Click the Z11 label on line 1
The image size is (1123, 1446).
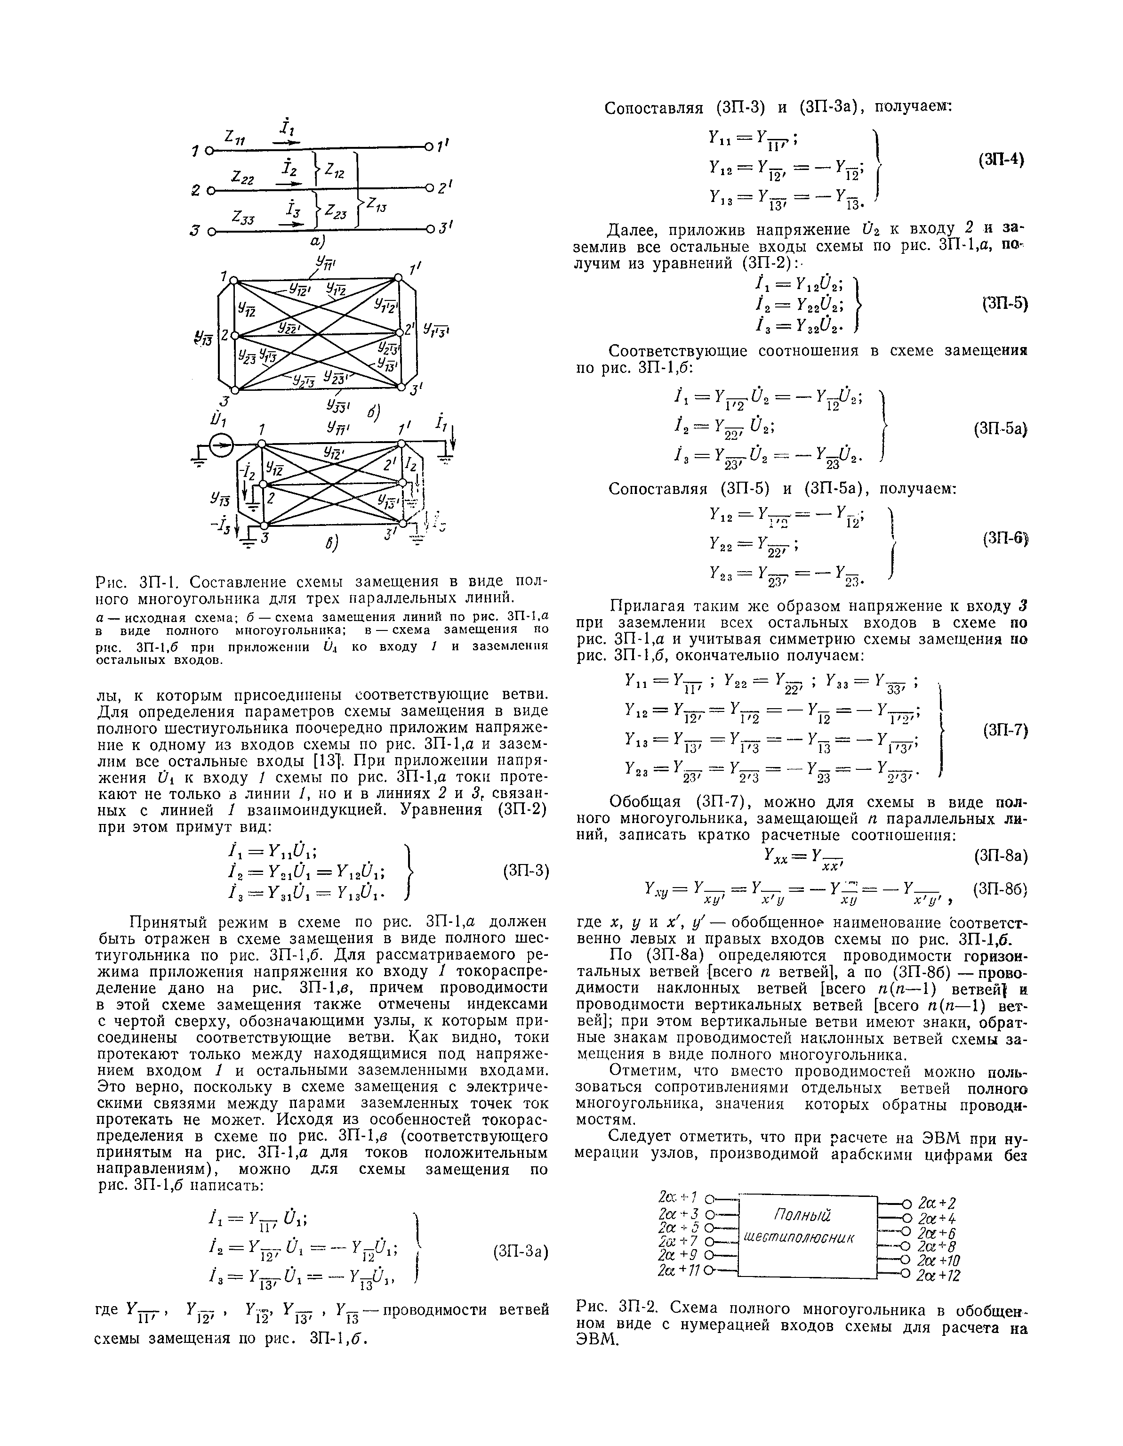click(235, 137)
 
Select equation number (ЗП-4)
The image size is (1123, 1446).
click(1001, 160)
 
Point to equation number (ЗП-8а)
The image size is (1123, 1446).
click(1001, 856)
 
